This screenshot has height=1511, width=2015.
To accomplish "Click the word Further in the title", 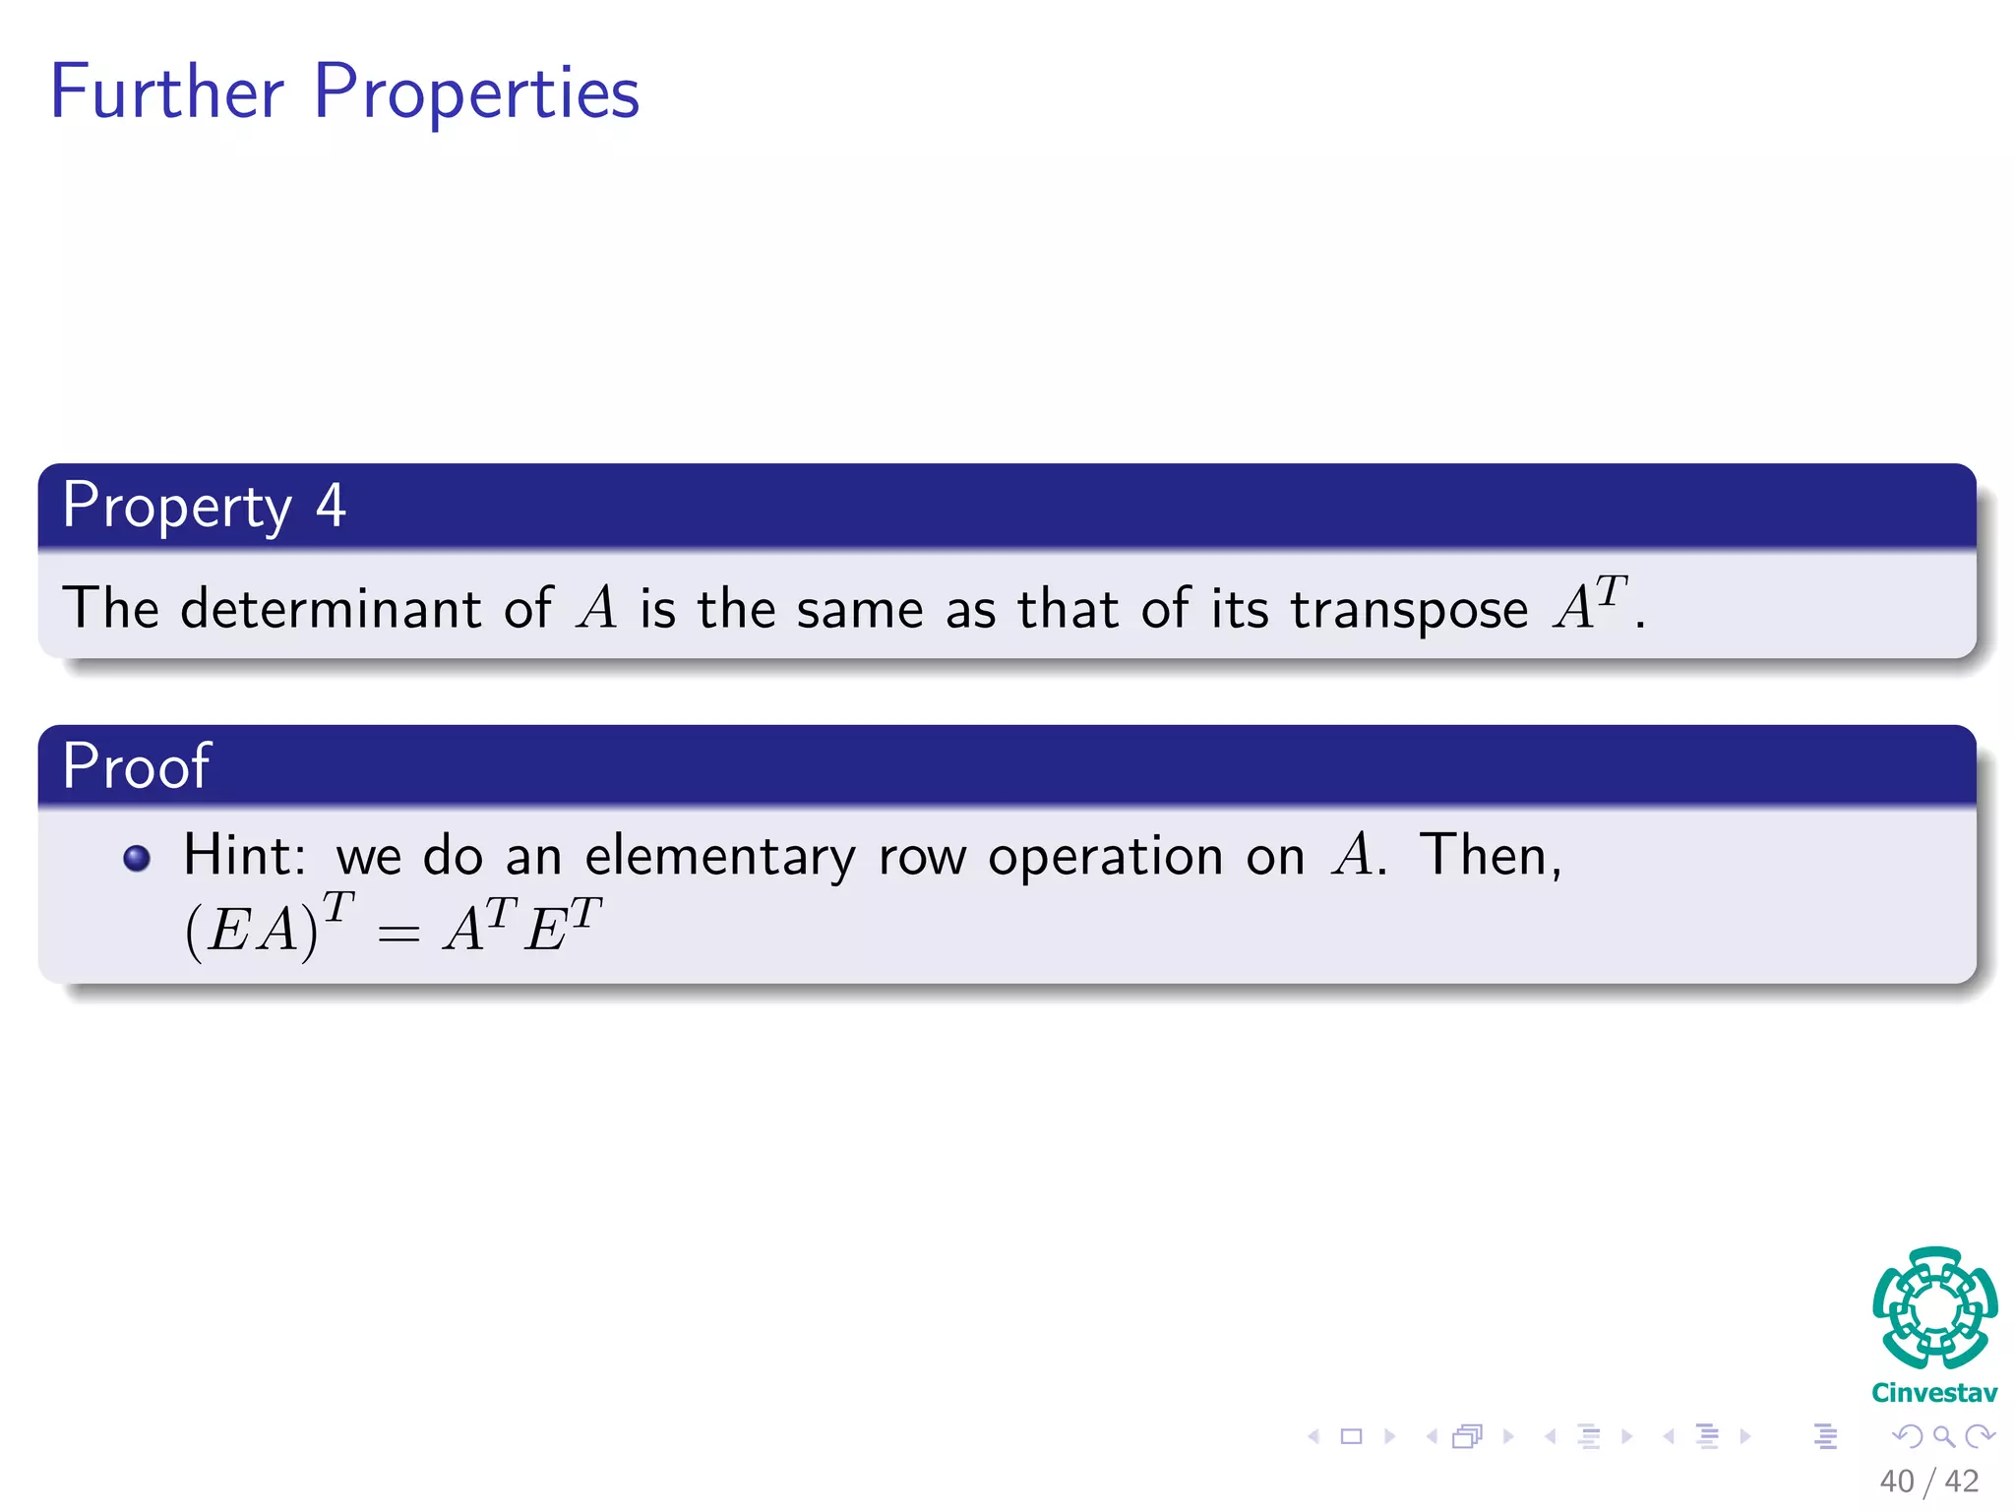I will (x=167, y=91).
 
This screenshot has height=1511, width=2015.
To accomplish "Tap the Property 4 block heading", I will (x=204, y=506).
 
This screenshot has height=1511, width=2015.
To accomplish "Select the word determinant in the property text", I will (x=330, y=608).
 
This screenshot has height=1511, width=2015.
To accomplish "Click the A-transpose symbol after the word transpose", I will (x=1590, y=603).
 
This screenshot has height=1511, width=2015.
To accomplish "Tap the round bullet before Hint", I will (x=137, y=859).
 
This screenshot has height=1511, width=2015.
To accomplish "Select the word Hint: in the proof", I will (x=244, y=855).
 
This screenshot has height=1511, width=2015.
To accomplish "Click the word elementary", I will (x=720, y=856).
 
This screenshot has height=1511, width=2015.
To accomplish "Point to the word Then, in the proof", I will (x=1491, y=855).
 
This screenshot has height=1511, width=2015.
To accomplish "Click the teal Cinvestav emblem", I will (x=1934, y=1308).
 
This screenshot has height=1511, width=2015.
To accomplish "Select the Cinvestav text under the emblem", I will (x=1934, y=1393).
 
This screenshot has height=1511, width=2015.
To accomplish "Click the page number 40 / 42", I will (x=1928, y=1481).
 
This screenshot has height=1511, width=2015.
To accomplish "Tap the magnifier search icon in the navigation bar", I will (x=1943, y=1437).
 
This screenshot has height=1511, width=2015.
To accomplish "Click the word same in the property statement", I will (x=860, y=609).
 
